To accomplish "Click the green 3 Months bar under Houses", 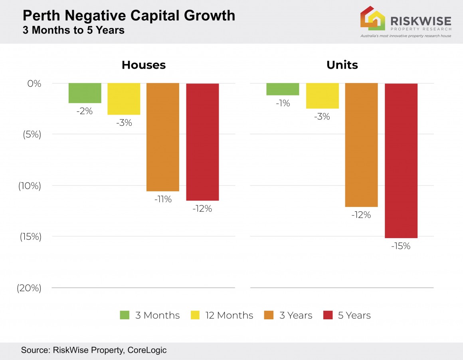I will [85, 93].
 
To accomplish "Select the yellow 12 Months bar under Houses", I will [124, 99].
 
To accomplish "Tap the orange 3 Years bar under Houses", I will [163, 137].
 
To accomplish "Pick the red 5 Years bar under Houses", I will [202, 142].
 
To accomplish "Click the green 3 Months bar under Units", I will [283, 89].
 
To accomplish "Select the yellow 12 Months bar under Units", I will [322, 96].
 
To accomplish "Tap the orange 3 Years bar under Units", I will [361, 145].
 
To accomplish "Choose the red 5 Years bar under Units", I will [401, 161].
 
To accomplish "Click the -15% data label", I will [401, 246].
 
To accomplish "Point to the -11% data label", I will [163, 199].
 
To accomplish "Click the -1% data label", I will [283, 103].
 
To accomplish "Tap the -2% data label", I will [85, 111].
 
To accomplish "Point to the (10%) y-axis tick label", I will [30, 186].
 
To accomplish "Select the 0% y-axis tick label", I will [34, 84].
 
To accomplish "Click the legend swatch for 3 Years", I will [269, 315].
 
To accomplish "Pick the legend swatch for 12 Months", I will [195, 315].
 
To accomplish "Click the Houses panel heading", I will [143, 65].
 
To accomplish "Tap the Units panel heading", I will [342, 65].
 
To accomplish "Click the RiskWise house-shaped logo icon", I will [372, 18].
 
